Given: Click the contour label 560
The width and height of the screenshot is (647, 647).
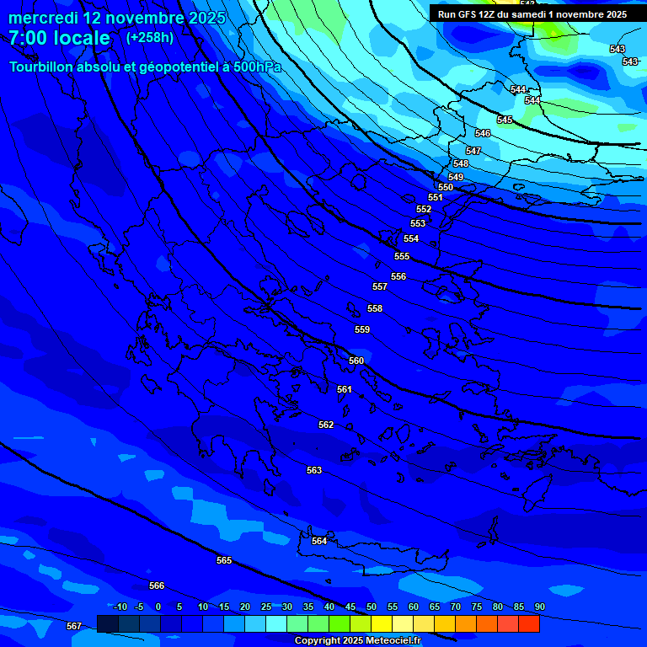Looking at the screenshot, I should (356, 361).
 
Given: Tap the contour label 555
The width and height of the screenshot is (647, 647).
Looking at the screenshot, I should (402, 256).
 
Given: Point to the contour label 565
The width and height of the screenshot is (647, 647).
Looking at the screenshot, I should (224, 560).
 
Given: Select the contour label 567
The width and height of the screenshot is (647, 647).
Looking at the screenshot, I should (74, 626).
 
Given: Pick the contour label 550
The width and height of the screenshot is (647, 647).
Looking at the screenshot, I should (446, 187).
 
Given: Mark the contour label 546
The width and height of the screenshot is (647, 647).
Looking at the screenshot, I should (483, 133).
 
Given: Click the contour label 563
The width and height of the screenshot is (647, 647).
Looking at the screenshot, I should (314, 470).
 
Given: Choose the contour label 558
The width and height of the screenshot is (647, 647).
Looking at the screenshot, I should (375, 308).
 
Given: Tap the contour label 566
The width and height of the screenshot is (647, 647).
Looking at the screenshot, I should (157, 586).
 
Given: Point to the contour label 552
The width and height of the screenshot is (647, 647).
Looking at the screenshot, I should (424, 209).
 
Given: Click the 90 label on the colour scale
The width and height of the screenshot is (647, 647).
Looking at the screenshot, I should (539, 607).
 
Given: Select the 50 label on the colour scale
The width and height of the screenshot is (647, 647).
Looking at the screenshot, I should (372, 607).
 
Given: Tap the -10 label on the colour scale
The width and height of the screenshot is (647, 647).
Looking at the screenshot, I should (120, 607).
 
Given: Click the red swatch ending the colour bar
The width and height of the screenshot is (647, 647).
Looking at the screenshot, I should (529, 623).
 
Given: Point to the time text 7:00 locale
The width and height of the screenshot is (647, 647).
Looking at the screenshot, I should (59, 38).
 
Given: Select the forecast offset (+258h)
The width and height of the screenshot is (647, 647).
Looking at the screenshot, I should (149, 38).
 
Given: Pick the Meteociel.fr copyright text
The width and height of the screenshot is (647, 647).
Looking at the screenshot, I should (357, 640).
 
